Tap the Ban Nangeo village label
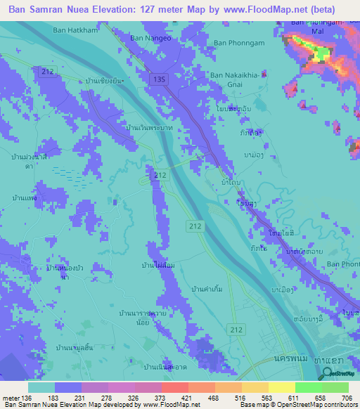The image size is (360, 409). coord(151,37)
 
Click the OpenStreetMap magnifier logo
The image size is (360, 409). coord(326,374)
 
